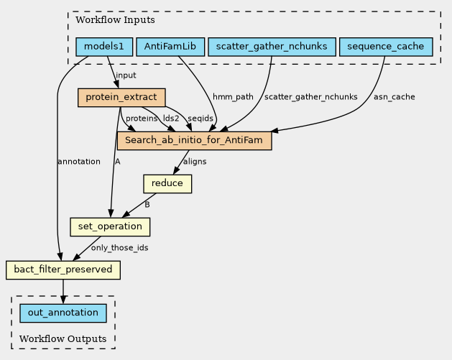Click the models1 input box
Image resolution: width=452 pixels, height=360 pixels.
[x=104, y=47]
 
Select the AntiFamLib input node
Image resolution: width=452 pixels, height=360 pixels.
[x=170, y=47]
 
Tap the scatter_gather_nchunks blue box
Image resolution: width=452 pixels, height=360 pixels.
[x=272, y=47]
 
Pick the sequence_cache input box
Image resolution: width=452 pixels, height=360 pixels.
[x=386, y=47]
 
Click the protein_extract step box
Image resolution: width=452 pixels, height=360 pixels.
[x=121, y=98]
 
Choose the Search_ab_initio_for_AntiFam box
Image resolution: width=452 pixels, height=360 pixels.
[x=194, y=141]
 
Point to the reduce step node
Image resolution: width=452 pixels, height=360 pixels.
[x=167, y=184]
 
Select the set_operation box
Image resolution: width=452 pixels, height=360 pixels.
[x=110, y=227]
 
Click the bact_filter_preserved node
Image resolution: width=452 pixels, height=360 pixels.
[x=63, y=270]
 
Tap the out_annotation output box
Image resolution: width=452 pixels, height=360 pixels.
[x=63, y=313]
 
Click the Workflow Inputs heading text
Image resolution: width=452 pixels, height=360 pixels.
[x=115, y=20]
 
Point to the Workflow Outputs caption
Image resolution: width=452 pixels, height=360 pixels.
[x=63, y=338]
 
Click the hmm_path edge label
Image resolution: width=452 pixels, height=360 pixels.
[x=233, y=97]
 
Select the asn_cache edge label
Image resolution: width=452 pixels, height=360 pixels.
[x=395, y=97]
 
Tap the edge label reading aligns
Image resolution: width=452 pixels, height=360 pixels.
[x=195, y=162]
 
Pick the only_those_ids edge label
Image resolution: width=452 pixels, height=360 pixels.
[x=119, y=248]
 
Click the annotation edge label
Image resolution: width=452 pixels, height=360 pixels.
[x=79, y=162]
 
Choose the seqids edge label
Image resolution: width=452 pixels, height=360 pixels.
[x=200, y=119]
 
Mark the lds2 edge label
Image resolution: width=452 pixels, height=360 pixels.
[x=171, y=119]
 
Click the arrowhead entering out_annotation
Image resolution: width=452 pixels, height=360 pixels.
[x=63, y=300]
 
